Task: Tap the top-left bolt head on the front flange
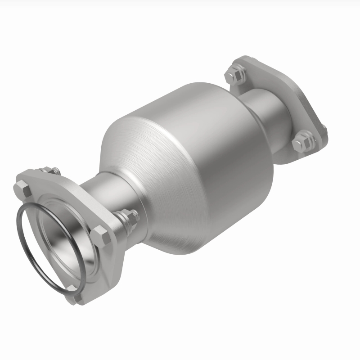click(22, 188)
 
